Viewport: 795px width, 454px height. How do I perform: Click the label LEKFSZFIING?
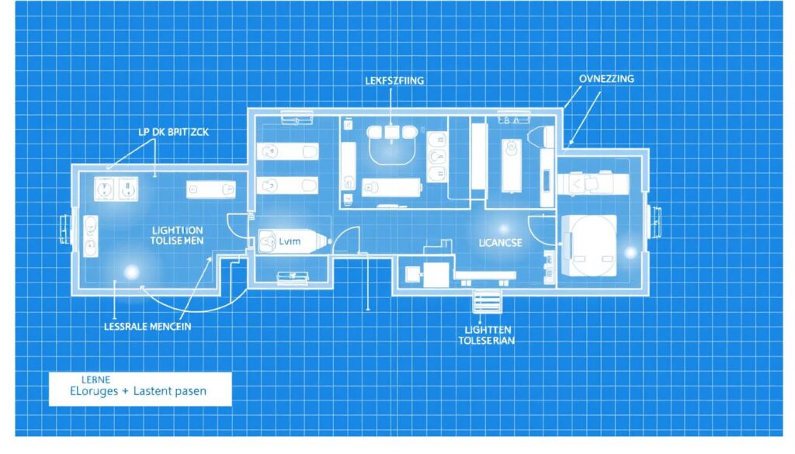[x=393, y=81]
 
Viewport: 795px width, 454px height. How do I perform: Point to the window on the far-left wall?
[x=61, y=227]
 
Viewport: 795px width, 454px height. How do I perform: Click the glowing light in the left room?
[x=131, y=272]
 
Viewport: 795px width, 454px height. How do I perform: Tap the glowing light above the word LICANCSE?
[x=503, y=228]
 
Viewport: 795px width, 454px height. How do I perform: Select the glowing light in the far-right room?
[x=630, y=252]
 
